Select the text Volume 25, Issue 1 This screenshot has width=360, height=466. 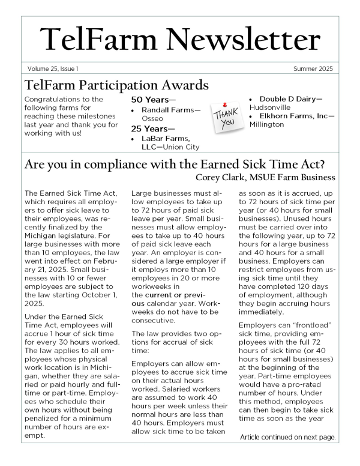point(52,69)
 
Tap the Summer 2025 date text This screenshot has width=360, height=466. point(314,69)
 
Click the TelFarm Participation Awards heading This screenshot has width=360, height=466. point(116,85)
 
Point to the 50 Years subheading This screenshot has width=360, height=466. point(153,100)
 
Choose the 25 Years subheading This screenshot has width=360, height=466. point(153,129)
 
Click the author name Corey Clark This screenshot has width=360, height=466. point(220,177)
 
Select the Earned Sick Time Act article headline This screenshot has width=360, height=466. point(178,163)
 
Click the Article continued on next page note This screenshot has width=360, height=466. point(287,437)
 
